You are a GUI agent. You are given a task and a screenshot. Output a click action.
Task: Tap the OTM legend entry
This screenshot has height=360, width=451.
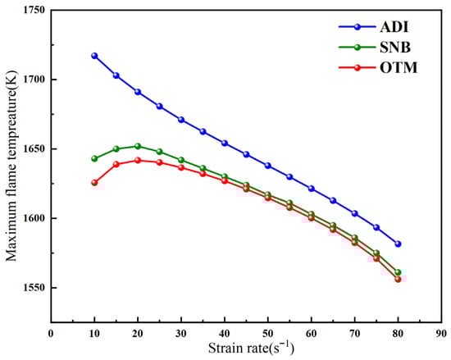390,66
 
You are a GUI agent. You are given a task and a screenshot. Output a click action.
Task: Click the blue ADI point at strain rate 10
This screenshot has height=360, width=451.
94,56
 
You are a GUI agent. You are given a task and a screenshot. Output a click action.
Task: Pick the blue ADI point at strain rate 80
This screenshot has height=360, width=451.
398,244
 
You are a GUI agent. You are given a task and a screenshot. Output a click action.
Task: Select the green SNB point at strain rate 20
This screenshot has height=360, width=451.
138,146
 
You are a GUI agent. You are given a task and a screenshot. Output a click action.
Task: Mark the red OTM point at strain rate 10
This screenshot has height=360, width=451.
94,183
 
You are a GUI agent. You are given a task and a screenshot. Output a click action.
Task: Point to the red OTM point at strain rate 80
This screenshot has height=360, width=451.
398,279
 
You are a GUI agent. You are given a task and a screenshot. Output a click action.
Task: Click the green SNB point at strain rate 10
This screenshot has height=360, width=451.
94,158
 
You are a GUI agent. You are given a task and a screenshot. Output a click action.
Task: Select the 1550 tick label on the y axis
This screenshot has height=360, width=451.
34,288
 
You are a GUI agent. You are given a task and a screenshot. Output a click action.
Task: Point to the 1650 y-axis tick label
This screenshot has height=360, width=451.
34,149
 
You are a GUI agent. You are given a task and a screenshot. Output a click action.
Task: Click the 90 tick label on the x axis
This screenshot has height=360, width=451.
441,334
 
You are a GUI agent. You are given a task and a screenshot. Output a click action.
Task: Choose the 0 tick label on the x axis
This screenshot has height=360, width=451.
51,334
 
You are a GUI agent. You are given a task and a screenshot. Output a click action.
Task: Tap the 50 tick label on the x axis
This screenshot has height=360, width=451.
267,334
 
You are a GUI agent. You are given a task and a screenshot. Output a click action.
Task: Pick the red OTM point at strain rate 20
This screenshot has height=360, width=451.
138,161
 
